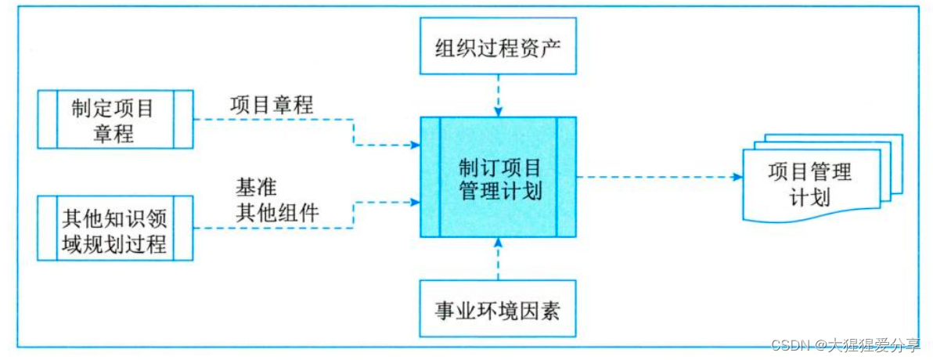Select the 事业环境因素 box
pos(498,308)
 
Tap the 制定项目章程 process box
pos(115,119)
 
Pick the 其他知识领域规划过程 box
pos(115,229)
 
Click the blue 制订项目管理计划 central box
pos(499,178)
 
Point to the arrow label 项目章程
pos(272,104)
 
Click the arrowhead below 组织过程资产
pos(498,111)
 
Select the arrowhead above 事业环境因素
pos(498,243)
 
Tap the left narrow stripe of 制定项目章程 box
pos(47,119)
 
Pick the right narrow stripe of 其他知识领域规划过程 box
pos(183,229)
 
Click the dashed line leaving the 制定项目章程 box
pos(274,120)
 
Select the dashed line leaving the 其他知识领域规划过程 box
pos(274,229)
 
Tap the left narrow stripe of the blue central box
pos(430,178)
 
